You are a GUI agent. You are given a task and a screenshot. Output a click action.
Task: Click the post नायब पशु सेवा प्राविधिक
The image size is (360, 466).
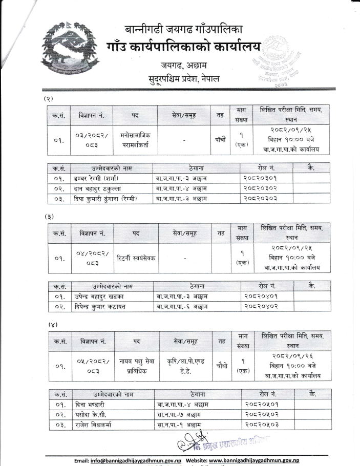pos(137,367)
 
